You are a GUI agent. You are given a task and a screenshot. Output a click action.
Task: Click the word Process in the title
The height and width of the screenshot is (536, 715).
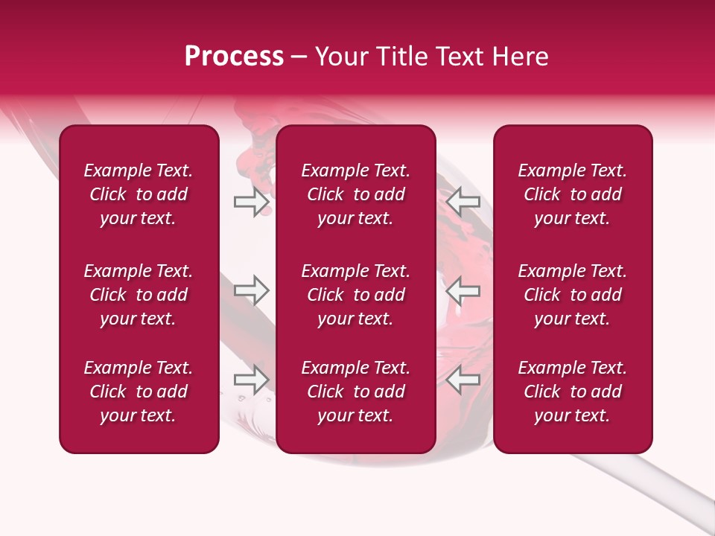pos(234,57)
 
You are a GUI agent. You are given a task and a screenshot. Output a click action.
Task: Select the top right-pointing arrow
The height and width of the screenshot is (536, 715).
pos(251,202)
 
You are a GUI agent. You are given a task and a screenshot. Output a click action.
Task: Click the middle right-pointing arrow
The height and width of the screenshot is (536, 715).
pos(251,290)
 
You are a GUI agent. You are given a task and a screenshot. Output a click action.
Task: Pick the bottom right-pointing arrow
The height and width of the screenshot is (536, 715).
pos(251,380)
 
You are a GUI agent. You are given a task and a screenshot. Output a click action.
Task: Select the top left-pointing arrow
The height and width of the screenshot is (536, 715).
pos(463,202)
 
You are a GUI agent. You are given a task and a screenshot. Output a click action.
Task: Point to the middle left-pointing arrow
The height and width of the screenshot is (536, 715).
pos(463,290)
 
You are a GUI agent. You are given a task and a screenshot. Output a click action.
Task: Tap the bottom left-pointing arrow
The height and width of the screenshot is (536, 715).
pos(463,380)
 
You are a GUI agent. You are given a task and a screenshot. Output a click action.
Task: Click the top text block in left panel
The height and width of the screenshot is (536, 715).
pos(139,194)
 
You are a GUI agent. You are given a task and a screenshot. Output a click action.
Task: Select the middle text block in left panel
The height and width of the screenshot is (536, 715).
pos(139,295)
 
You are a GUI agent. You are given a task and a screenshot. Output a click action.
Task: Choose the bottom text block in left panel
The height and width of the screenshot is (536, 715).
pos(139,392)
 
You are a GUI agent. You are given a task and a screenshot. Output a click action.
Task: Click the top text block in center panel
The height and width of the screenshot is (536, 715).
pos(355,194)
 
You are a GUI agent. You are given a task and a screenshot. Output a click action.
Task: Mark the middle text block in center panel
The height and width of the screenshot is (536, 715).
pos(355,295)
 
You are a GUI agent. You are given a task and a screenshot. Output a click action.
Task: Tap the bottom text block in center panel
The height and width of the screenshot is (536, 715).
pos(355,392)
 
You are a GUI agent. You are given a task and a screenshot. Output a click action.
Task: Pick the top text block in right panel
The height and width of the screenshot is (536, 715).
pos(572,194)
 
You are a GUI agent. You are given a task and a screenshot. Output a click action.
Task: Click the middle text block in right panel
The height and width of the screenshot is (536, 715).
pos(572,295)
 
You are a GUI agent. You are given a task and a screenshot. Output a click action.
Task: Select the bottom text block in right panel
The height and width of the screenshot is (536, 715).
pos(572,392)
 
